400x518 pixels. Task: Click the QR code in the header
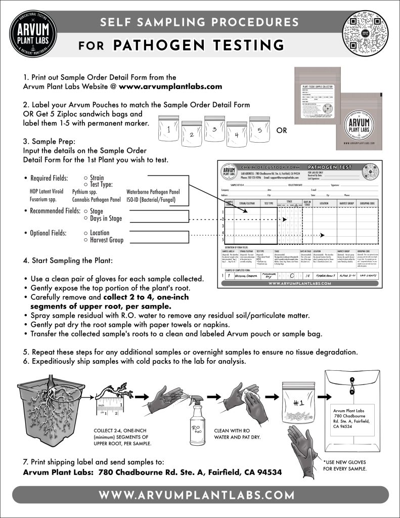[368, 32]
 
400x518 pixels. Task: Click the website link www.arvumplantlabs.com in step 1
[170, 86]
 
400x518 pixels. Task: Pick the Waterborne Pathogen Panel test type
[153, 192]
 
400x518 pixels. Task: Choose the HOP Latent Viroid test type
[47, 192]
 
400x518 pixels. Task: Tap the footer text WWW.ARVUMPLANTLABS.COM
[200, 494]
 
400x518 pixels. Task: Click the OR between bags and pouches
[282, 130]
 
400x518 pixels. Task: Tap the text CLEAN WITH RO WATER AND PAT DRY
[237, 434]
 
